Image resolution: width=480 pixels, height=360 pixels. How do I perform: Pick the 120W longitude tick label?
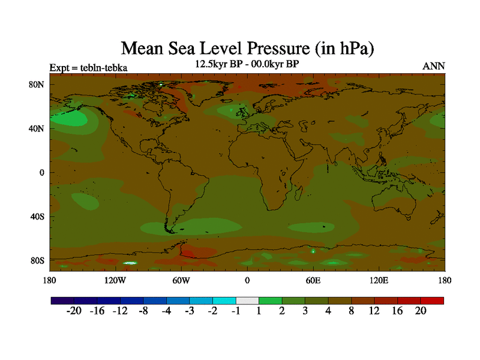[115, 280]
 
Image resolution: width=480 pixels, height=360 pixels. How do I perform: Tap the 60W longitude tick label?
[181, 280]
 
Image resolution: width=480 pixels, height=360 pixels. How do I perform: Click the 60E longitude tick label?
[313, 280]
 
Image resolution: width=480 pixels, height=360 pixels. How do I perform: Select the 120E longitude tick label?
[379, 280]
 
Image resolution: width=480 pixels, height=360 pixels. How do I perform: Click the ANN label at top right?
[434, 66]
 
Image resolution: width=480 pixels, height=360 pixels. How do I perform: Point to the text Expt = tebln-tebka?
[88, 67]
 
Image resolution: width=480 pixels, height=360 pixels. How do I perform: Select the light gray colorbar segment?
[247, 300]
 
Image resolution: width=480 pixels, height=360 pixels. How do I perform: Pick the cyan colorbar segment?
[224, 300]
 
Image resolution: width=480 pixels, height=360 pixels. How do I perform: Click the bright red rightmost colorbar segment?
[432, 300]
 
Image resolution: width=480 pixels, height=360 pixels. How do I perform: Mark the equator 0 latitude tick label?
[42, 173]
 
